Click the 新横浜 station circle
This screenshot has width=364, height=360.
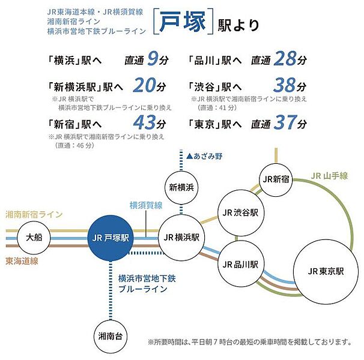click(181, 188)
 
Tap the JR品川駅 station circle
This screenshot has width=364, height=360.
click(240, 264)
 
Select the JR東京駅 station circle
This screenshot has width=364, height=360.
click(323, 271)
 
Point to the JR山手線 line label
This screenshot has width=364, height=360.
click(330, 176)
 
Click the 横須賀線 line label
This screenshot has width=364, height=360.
click(146, 205)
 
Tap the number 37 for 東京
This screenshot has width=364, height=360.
click(284, 124)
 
